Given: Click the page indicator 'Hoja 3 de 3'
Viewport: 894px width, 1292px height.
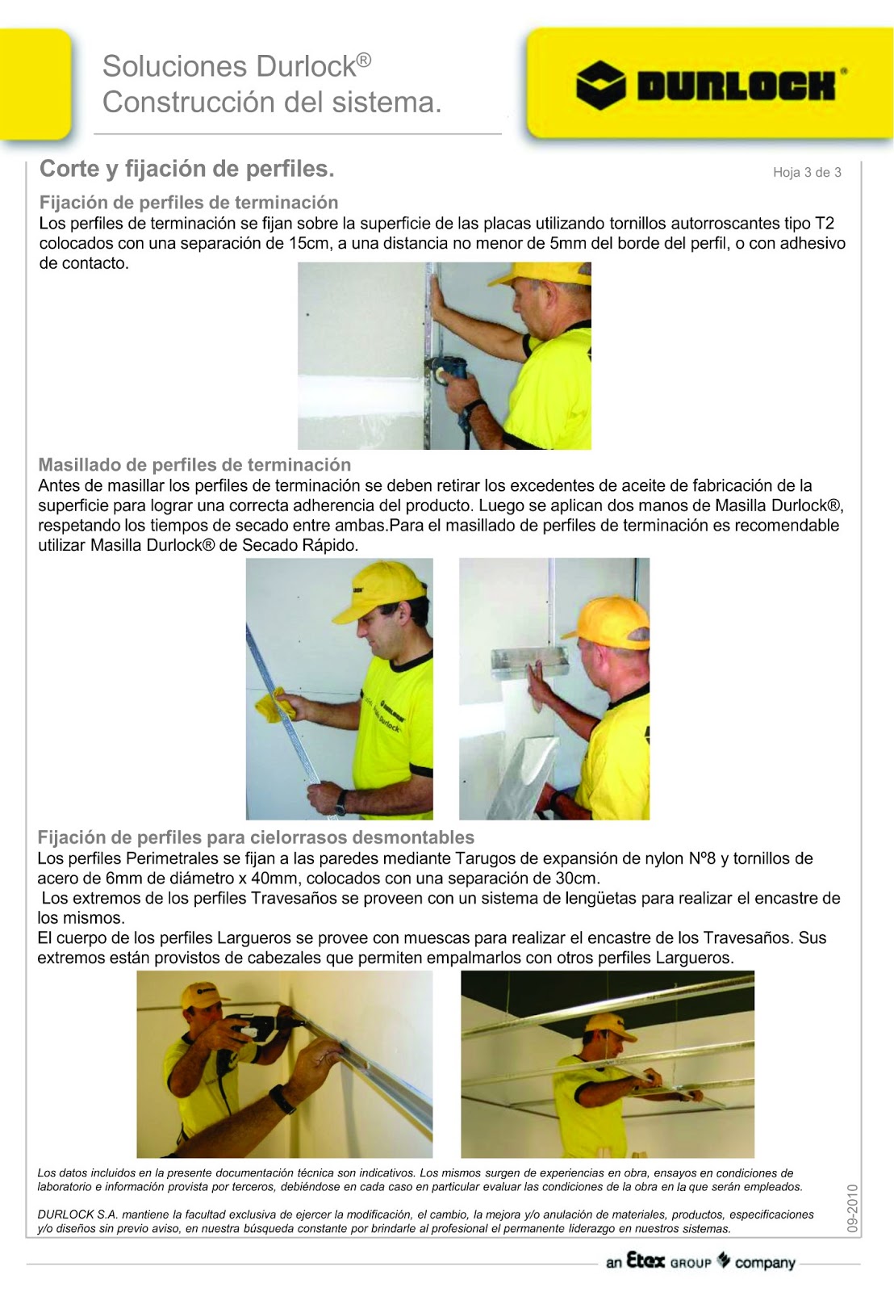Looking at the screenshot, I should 806,172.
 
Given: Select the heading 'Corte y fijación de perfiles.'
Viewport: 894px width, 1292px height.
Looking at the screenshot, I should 186,169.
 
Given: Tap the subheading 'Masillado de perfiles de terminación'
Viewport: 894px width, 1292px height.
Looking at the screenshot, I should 194,465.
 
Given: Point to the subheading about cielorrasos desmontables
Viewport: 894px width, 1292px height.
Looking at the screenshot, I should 256,837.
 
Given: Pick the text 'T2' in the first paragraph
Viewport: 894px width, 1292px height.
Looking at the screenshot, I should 824,224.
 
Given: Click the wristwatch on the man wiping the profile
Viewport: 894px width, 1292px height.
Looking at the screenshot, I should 341,802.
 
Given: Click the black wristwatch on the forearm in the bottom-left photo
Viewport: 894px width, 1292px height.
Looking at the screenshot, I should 282,1099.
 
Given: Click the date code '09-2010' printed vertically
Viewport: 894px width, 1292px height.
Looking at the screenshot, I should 853,1208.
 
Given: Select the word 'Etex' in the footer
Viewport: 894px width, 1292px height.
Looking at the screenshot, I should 645,1261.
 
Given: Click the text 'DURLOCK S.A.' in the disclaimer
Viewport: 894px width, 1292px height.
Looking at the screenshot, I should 77,1214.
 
